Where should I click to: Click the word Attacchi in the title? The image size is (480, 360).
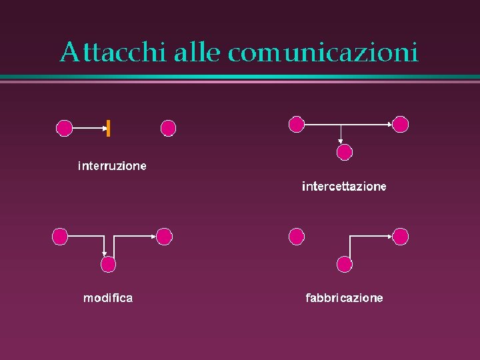(112, 52)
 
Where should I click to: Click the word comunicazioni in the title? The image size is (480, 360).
(323, 52)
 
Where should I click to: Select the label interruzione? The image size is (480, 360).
(112, 165)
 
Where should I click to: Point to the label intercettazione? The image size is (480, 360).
(344, 187)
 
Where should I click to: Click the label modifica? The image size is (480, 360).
(108, 298)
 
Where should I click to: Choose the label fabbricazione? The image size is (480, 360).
(344, 298)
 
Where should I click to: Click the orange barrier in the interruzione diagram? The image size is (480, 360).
(108, 127)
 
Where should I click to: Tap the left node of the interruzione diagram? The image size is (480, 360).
(64, 128)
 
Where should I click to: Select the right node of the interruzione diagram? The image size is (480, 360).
(169, 128)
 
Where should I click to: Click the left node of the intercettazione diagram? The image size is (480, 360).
(296, 123)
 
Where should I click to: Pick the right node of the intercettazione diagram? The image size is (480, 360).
(400, 123)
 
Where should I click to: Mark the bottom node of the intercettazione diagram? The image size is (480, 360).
(344, 153)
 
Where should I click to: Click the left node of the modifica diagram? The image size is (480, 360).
(60, 235)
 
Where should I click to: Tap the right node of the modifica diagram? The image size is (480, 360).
(164, 235)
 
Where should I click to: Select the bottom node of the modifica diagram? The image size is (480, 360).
(108, 265)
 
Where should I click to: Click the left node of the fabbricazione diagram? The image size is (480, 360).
(296, 235)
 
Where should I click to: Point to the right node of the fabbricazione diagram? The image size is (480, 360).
(400, 235)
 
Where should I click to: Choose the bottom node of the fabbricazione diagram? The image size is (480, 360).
(344, 265)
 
